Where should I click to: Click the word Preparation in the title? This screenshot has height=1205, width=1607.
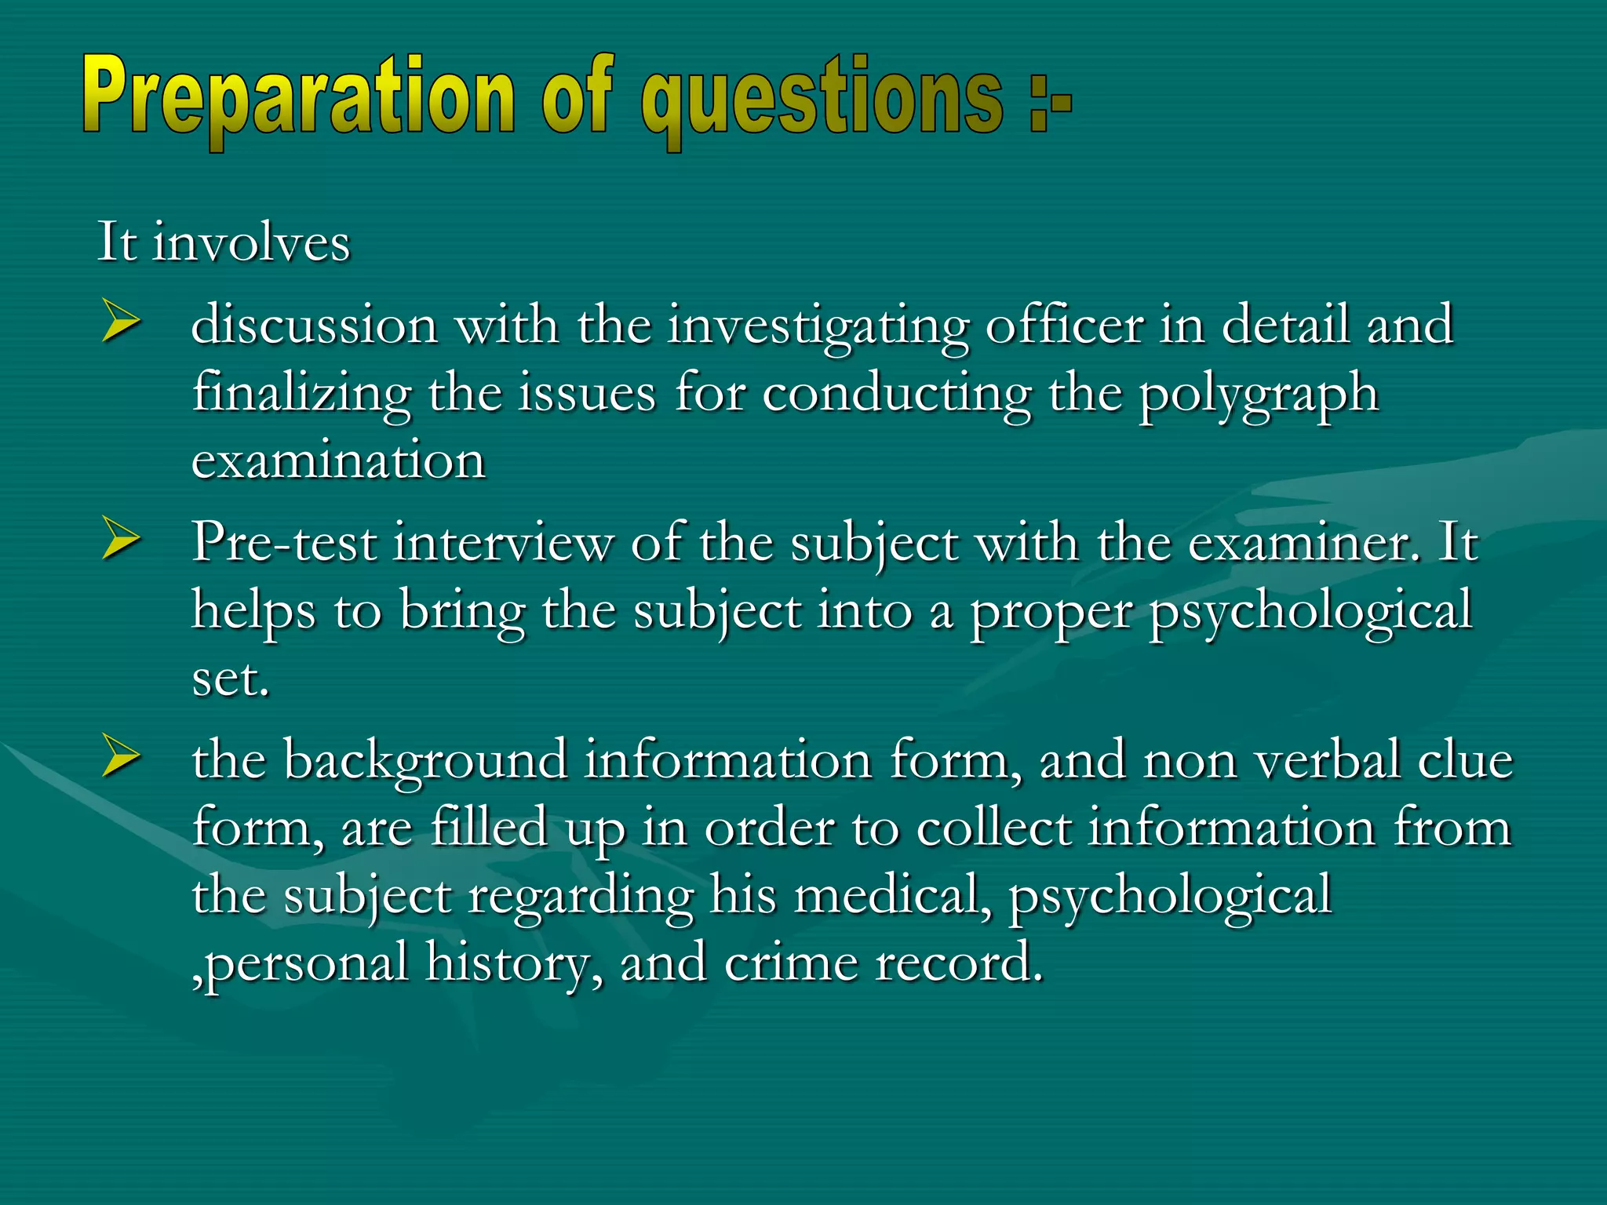point(298,98)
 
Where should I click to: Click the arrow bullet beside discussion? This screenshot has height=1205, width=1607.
point(121,324)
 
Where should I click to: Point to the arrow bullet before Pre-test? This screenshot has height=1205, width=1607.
point(121,541)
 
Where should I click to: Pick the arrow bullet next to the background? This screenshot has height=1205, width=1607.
point(121,759)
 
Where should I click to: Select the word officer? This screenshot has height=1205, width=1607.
point(1064,325)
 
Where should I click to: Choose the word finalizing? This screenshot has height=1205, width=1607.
point(301,395)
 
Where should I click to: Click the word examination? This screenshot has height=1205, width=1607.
point(338,461)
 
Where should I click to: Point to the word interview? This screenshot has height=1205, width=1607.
point(503,542)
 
